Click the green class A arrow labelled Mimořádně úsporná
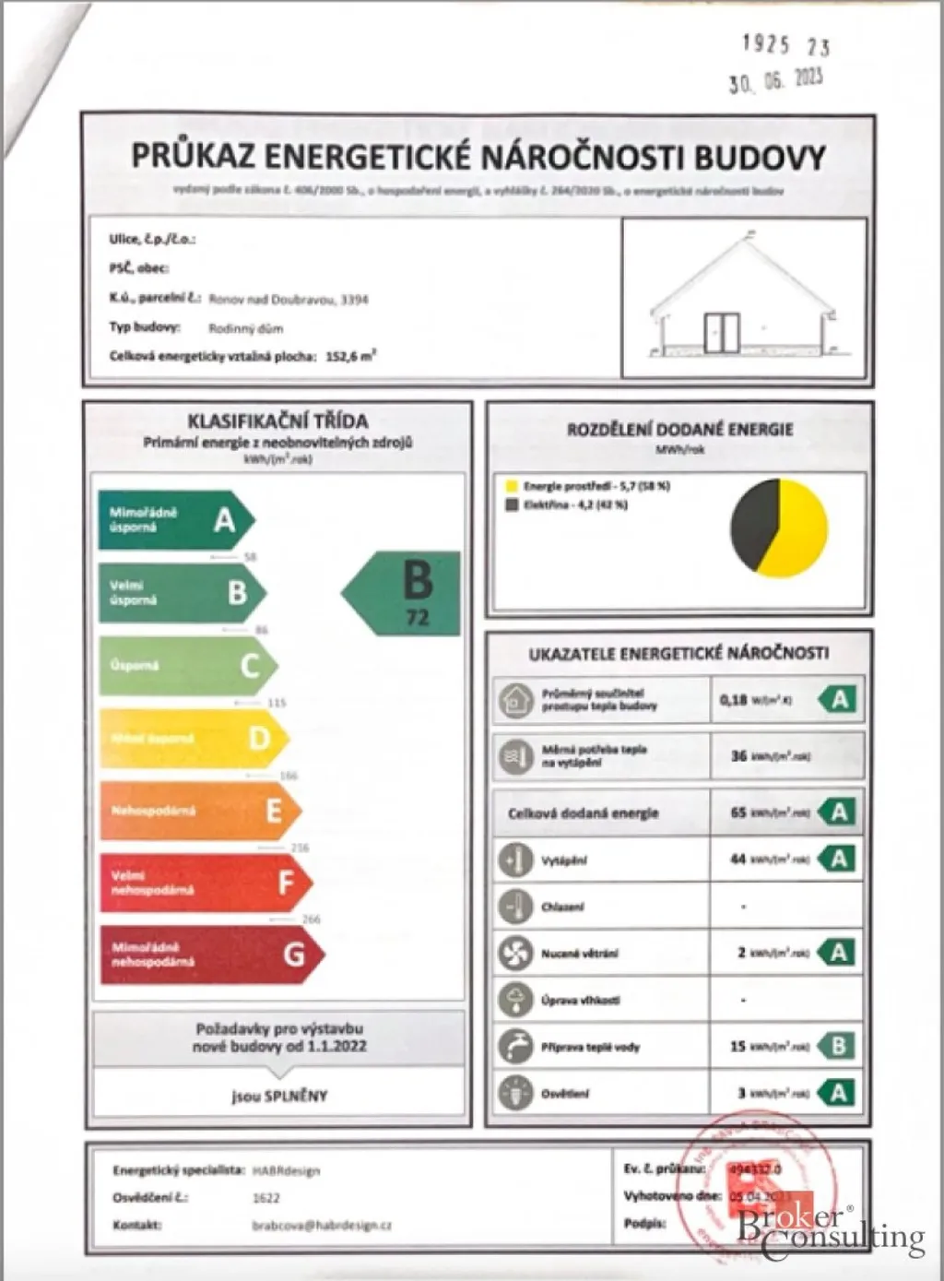pyautogui.click(x=175, y=520)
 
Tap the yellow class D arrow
pyautogui.click(x=194, y=738)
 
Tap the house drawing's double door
pyautogui.click(x=722, y=333)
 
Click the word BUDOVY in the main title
pyautogui.click(x=760, y=157)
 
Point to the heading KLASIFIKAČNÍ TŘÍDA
pyautogui.click(x=277, y=421)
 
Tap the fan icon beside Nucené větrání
pyautogui.click(x=514, y=953)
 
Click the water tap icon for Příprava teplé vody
pyautogui.click(x=514, y=1046)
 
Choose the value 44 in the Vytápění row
pyautogui.click(x=737, y=859)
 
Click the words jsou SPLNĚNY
pyautogui.click(x=279, y=1096)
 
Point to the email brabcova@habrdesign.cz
pyautogui.click(x=322, y=1226)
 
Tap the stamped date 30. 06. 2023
pyautogui.click(x=774, y=81)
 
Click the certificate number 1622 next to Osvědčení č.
pyautogui.click(x=265, y=1198)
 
